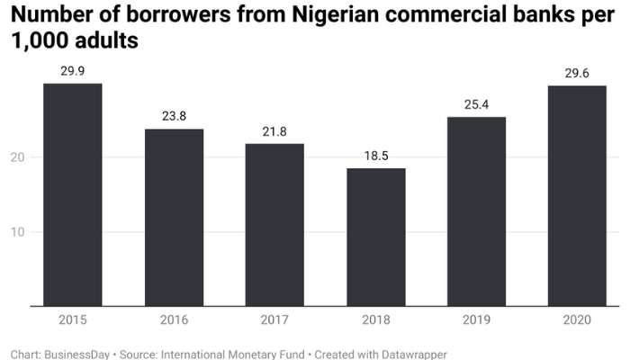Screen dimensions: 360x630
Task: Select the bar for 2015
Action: coord(73,194)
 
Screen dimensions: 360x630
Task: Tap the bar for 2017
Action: coord(275,225)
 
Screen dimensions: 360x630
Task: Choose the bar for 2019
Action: coord(477,211)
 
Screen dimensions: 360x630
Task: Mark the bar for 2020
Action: coord(578,195)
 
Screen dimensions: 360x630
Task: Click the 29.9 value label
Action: coord(73,70)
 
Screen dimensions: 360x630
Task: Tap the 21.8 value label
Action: coord(275,130)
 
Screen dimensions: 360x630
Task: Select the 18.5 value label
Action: coord(376,155)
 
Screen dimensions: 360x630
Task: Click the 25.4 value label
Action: coord(477,103)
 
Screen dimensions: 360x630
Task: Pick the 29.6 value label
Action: coord(578,72)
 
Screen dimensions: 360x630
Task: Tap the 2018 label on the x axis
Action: coord(376,320)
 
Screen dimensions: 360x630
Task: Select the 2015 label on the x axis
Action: coord(73,320)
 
